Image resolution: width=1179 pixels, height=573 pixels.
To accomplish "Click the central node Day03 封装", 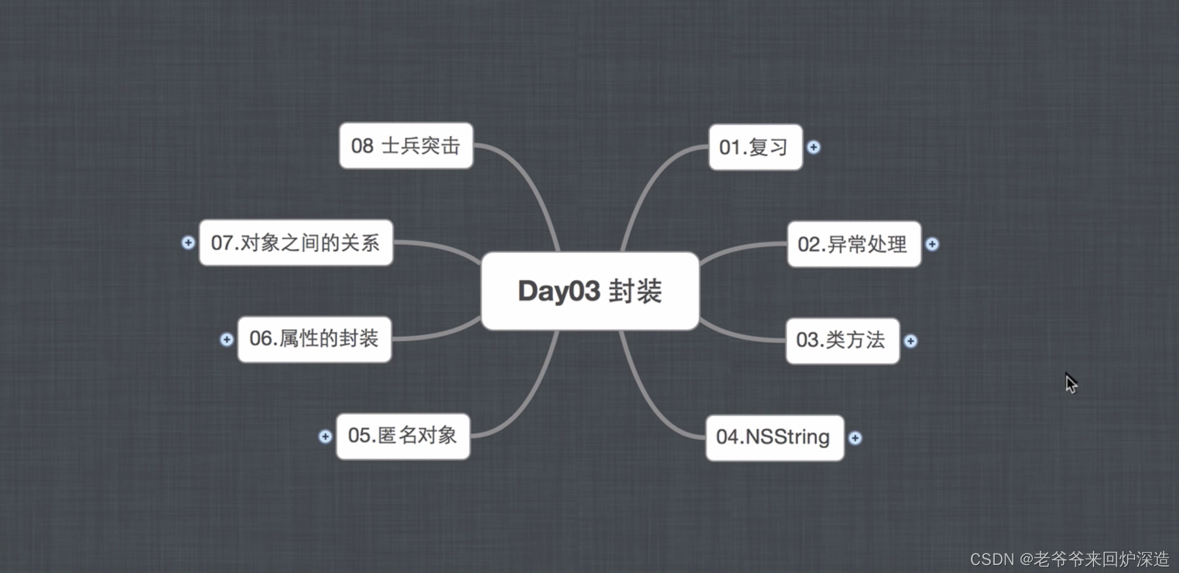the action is pos(590,291).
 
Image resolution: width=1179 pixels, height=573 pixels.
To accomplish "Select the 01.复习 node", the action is pos(755,147).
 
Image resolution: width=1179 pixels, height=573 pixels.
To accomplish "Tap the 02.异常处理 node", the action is pos(853,244).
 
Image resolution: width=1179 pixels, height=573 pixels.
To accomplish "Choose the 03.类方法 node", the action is pos(842,340).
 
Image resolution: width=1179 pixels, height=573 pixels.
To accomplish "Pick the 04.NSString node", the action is pos(774,437).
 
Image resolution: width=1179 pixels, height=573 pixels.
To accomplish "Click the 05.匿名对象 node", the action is pos(403,436).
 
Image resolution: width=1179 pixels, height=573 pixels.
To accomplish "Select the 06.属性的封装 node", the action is pos(314,339).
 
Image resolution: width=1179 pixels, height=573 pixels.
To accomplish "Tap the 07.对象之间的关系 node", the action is pos(295,243).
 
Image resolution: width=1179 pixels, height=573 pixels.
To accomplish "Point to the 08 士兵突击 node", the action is pos(406,146).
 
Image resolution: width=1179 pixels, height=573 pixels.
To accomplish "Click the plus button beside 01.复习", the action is pos(813,148).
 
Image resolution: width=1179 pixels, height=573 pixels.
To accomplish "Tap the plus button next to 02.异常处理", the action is pos(932,244).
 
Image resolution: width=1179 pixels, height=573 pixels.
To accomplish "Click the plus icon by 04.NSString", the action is pos(854,438).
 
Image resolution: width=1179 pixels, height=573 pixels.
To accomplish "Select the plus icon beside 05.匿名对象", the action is pos(325,437).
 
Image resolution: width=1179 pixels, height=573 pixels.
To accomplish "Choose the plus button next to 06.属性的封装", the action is pos(226,340).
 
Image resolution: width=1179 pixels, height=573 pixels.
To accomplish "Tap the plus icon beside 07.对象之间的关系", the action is pos(188,243).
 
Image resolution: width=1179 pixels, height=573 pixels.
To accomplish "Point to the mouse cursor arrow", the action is pos(1071,383).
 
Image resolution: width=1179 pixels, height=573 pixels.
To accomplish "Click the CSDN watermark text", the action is pos(1069,559).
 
